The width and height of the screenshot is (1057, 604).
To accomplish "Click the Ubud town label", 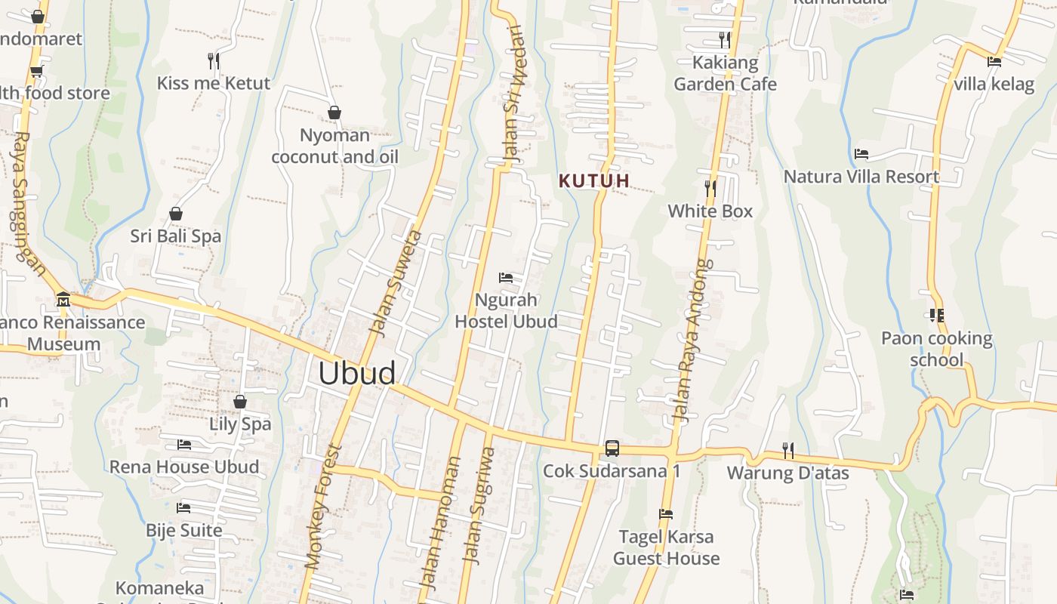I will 356,374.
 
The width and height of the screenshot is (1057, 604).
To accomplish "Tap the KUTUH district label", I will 594,181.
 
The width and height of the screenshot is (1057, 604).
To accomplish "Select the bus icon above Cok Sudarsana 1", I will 612,448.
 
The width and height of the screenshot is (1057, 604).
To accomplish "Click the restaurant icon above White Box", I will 710,188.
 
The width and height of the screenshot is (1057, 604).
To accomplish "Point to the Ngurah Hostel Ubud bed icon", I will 506,278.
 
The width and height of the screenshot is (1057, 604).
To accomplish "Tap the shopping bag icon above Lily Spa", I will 240,402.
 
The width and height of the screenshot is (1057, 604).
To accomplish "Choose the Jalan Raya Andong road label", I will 692,341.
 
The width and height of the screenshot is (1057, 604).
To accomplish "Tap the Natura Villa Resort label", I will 861,177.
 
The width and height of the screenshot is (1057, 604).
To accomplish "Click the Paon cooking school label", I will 936,349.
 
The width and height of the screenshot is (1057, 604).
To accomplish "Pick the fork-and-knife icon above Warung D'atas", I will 788,451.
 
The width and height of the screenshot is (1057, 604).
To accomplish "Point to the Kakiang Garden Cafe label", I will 725,73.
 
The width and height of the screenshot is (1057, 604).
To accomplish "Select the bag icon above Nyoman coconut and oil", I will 334,113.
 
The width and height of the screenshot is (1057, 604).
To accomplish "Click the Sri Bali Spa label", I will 176,236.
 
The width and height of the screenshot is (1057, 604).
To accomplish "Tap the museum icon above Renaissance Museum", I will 63,300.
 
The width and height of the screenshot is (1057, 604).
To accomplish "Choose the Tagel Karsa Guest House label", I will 666,547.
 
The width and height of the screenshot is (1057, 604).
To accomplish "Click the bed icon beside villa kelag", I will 994,62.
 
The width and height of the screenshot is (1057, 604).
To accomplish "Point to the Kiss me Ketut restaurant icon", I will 214,60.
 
